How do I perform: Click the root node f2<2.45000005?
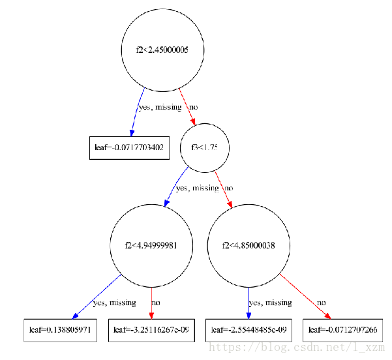[x=162, y=50]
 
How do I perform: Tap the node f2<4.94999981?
[x=151, y=246]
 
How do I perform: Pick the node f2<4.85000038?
[x=249, y=246]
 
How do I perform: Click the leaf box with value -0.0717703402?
[x=129, y=148]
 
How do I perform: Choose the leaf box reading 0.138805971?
[x=60, y=330]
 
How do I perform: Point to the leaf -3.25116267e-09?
[x=151, y=330]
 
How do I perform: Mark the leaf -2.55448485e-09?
[x=249, y=330]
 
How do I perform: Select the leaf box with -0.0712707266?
[x=342, y=330]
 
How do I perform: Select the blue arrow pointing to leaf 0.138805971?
[x=97, y=297]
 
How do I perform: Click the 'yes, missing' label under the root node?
[x=160, y=107]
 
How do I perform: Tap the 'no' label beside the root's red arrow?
[x=194, y=107]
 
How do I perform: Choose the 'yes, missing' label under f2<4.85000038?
[x=270, y=303]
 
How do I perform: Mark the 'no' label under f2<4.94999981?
[x=156, y=303]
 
